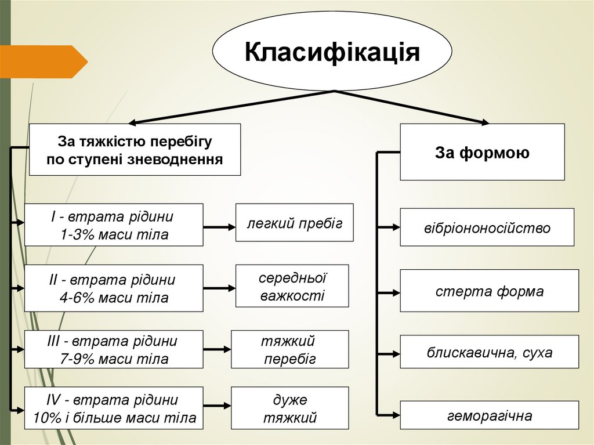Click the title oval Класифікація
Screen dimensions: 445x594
coord(332,52)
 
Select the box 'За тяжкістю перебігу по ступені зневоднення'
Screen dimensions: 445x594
coord(135,150)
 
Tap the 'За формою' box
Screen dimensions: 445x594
coord(482,152)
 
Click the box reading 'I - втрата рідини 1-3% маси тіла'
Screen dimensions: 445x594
coord(114,226)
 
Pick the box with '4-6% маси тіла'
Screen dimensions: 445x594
coord(114,288)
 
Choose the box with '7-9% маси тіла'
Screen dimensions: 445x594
coord(114,349)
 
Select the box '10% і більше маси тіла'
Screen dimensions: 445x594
coord(114,408)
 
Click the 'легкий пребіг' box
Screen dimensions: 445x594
coord(294,222)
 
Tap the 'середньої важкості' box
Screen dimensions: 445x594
coord(292,286)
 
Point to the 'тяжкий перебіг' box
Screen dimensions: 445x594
coord(289,349)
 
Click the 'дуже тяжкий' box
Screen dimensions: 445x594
coord(289,408)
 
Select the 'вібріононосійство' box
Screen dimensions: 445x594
coord(487,227)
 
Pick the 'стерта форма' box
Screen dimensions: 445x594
coord(489,291)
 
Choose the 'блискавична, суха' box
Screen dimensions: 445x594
coord(489,352)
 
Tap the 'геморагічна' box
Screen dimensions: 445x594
coord(489,415)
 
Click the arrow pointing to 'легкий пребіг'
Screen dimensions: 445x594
coord(219,227)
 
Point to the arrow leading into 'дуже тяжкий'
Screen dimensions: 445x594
coord(218,408)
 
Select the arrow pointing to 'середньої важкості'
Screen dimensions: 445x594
coord(219,287)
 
